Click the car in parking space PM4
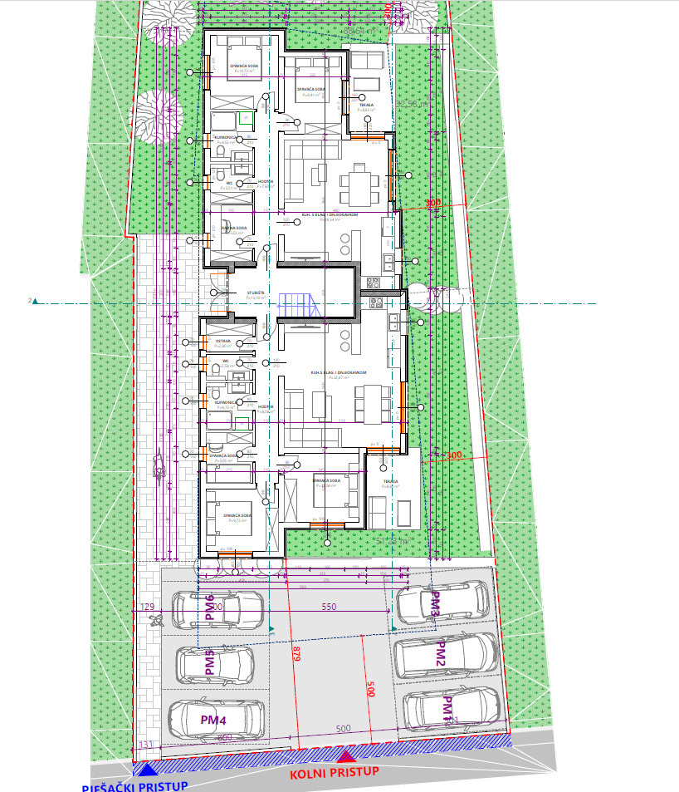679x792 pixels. [217, 716]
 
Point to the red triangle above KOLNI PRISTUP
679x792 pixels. [347, 755]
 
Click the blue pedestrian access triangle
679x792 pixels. [147, 770]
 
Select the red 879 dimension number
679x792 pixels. [295, 657]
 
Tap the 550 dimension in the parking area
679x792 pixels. [328, 608]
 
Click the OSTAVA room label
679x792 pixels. [223, 341]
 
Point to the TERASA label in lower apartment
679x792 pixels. [390, 482]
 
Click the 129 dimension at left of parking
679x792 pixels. [149, 607]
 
